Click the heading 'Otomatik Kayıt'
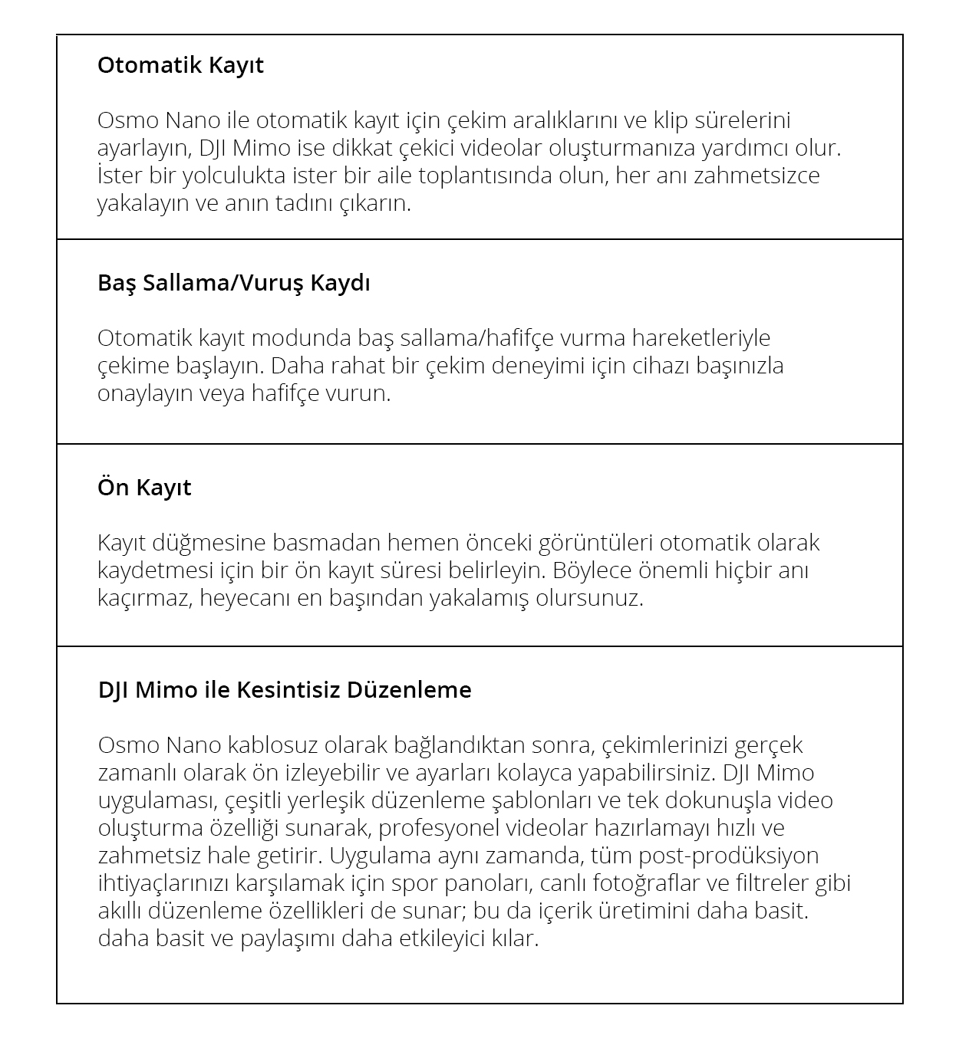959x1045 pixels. pos(180,65)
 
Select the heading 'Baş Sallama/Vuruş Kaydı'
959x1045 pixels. pos(233,283)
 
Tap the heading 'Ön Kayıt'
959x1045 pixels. pos(144,488)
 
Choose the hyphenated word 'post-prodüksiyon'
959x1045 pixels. pos(729,856)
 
